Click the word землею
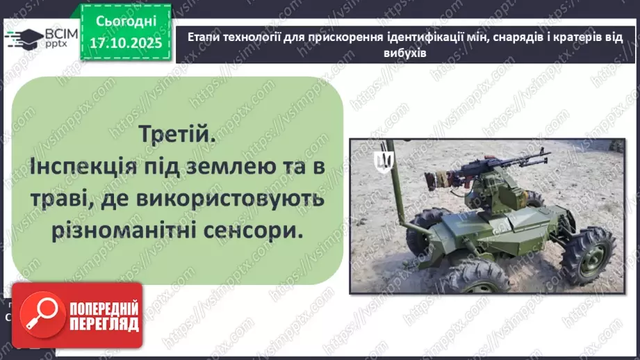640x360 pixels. click(232, 166)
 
